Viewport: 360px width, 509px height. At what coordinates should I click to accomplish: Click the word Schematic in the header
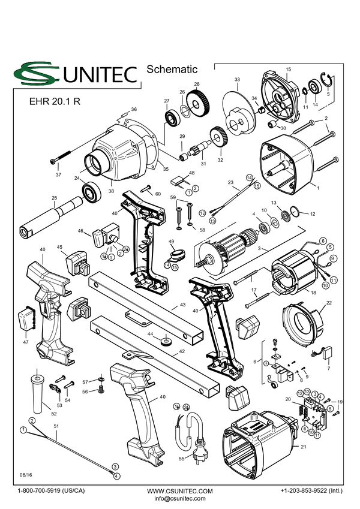click(x=172, y=69)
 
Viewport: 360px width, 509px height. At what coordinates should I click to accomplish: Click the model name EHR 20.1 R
click(x=55, y=101)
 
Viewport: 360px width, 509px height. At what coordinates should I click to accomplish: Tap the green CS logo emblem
click(x=36, y=73)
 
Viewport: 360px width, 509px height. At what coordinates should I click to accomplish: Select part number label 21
click(x=303, y=447)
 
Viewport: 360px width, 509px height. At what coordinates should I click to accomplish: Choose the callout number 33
click(x=237, y=80)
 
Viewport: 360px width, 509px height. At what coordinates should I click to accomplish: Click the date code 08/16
click(x=26, y=475)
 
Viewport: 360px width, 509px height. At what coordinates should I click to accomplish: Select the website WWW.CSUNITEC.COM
click(x=179, y=491)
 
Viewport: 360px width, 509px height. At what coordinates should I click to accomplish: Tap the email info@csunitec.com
click(x=179, y=498)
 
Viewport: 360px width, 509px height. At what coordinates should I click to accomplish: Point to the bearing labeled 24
click(x=92, y=193)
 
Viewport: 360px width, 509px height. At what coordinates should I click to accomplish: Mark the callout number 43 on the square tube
click(x=183, y=305)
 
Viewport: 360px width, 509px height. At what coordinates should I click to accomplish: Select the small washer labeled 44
click(x=166, y=342)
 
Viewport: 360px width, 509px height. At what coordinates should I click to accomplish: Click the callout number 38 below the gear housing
click(x=111, y=191)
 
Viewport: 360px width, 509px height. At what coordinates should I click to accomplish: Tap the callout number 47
click(x=26, y=342)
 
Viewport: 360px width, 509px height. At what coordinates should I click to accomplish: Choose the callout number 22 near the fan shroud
click(x=329, y=303)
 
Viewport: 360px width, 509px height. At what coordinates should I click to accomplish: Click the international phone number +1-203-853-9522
click(x=311, y=490)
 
